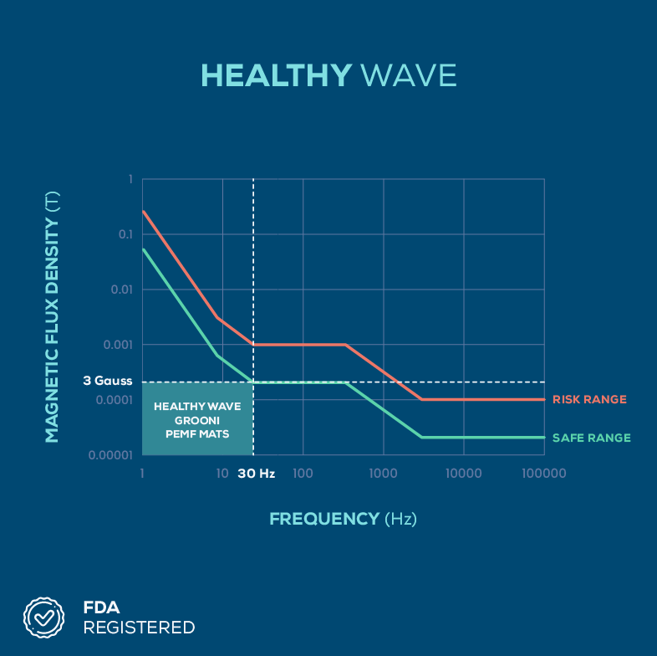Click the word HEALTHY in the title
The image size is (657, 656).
pos(277,75)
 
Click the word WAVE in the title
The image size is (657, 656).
pos(409,75)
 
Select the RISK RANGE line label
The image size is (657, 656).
pos(589,400)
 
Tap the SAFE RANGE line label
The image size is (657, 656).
pos(592,438)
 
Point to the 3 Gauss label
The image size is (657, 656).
pos(107,381)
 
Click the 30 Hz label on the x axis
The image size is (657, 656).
pos(256,474)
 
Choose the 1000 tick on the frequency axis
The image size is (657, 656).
pos(383,474)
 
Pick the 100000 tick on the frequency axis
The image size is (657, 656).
pos(543,474)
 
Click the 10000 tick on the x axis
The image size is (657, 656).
pos(463,474)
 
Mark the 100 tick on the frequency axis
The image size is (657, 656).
pos(303,474)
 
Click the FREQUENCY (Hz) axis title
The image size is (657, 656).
pos(343,519)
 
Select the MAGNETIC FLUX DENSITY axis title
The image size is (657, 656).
pos(52,316)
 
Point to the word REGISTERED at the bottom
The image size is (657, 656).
pos(139,628)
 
